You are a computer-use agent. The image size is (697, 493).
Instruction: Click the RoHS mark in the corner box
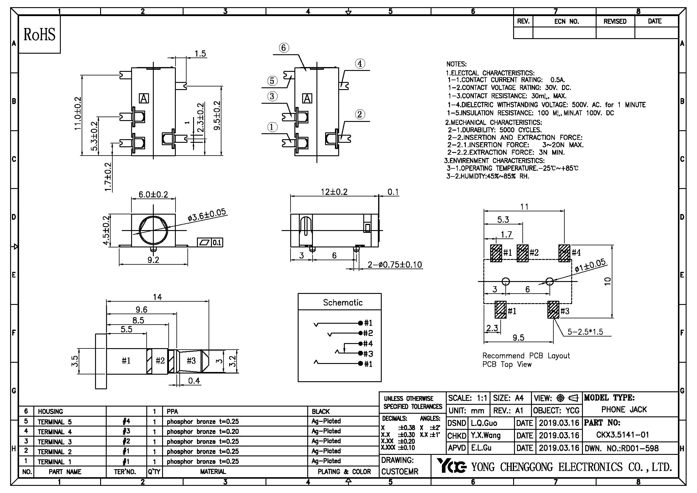(x=39, y=34)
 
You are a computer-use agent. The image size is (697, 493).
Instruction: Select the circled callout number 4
(x=360, y=64)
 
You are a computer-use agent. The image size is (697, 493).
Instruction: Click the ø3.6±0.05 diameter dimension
(x=207, y=215)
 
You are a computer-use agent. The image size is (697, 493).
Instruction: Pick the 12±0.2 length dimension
(x=334, y=192)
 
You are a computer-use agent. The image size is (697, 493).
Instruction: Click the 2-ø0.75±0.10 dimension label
(x=395, y=265)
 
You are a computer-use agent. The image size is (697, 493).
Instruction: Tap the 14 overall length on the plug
(x=157, y=297)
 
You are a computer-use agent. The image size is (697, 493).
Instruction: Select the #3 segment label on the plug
(x=191, y=361)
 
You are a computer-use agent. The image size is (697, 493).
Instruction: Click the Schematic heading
(x=342, y=302)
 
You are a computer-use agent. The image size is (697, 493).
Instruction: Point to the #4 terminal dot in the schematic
(x=361, y=343)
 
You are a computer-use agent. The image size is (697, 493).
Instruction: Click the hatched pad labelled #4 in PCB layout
(x=564, y=253)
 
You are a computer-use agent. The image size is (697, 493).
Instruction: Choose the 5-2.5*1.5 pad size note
(x=585, y=332)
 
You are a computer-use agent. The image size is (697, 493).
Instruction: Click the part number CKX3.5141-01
(x=622, y=435)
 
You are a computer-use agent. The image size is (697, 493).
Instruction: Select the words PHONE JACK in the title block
(x=624, y=410)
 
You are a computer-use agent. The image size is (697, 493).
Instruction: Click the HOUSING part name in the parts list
(x=50, y=412)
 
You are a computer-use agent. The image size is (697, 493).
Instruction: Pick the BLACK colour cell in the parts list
(x=321, y=412)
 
